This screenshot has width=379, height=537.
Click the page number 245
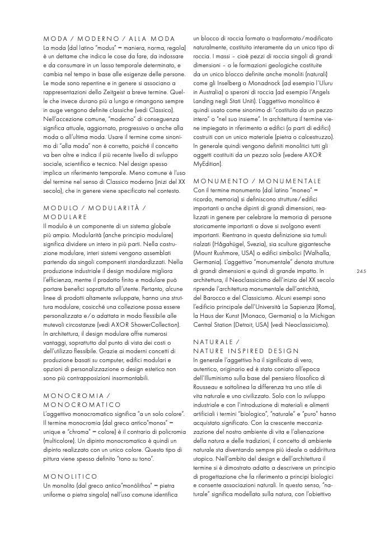click(361, 271)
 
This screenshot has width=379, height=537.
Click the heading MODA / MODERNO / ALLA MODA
click(109, 38)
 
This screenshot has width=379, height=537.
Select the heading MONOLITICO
click(70, 475)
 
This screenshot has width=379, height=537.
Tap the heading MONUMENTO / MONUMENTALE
click(257, 181)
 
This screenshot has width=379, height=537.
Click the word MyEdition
click(208, 164)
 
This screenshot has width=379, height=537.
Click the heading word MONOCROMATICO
click(82, 404)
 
